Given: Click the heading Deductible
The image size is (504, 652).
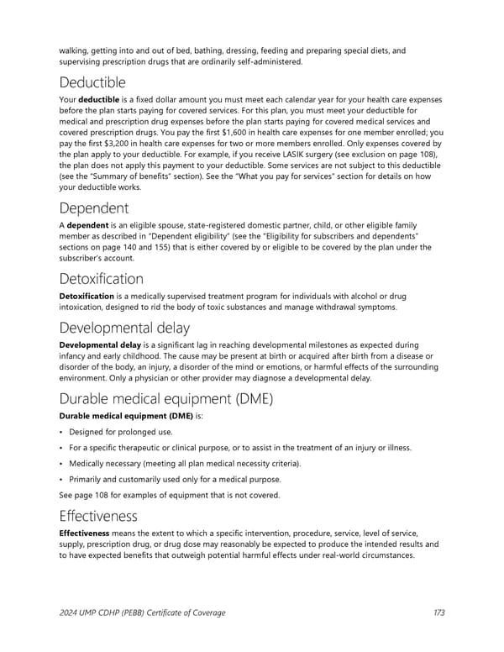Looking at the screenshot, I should pyautogui.click(x=92, y=82).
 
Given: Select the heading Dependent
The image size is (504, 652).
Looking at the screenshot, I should pyautogui.click(x=95, y=207).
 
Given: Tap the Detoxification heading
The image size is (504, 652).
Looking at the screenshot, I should pyautogui.click(x=102, y=278).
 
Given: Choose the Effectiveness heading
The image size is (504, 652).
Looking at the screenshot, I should pyautogui.click(x=98, y=515).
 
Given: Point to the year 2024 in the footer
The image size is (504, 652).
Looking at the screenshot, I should pyautogui.click(x=70, y=613).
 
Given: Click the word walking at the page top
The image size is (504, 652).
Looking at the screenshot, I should pyautogui.click(x=74, y=50).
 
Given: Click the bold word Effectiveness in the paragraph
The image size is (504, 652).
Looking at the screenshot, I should pyautogui.click(x=86, y=533).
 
